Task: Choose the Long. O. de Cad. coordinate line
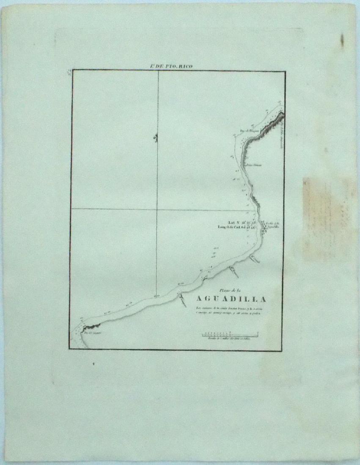click(237, 227)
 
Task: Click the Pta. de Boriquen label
click(243, 131)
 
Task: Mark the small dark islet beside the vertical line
click(156, 137)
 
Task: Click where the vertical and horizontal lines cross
click(157, 209)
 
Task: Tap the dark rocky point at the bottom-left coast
click(91, 326)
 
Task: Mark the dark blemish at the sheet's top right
click(342, 41)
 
